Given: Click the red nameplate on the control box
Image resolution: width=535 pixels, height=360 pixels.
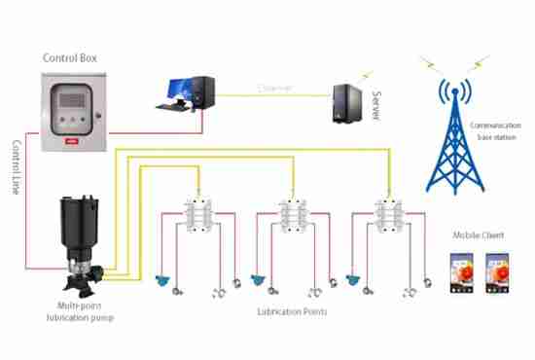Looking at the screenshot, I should pyautogui.click(x=69, y=139).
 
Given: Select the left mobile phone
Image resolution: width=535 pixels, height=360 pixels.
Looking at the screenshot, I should pyautogui.click(x=462, y=272).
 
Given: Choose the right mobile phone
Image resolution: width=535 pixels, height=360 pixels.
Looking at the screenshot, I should pyautogui.click(x=495, y=272).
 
